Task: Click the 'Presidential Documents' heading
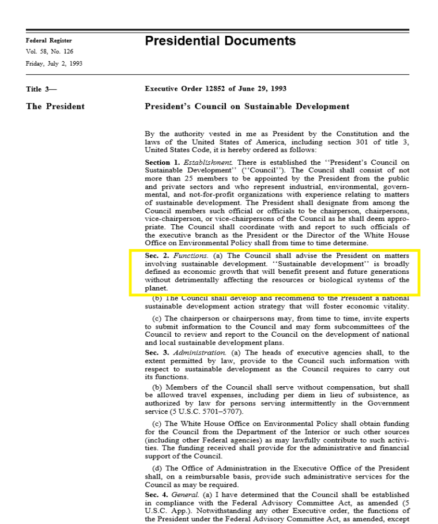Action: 220,41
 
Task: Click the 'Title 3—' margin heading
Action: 42,89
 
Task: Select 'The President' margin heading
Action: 55,106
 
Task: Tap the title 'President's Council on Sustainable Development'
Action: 247,106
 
